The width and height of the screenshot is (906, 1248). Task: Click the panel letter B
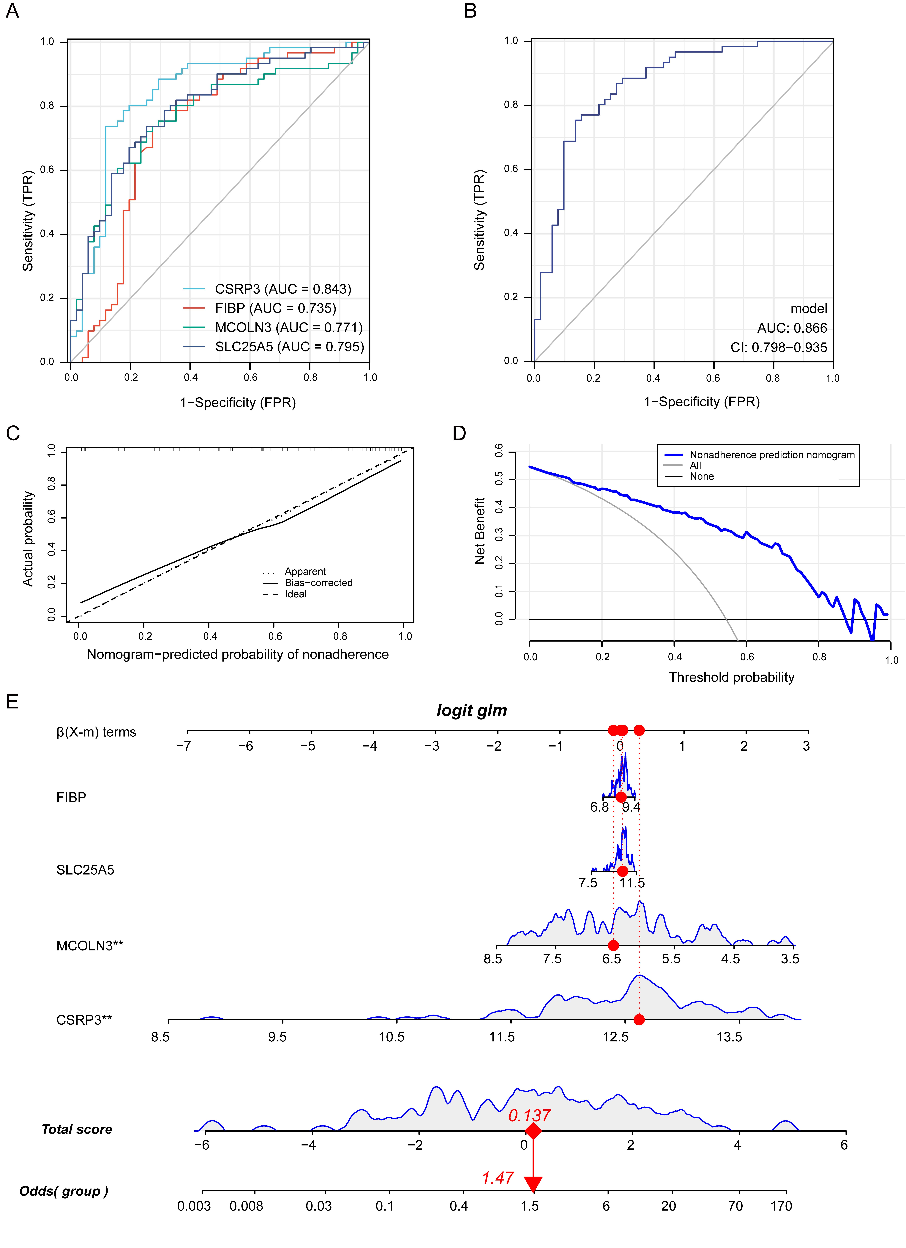[x=470, y=11]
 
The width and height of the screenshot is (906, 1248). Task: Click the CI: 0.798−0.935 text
[x=778, y=347]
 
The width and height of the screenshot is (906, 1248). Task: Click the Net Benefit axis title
[x=480, y=531]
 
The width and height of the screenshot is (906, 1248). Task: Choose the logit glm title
[x=471, y=710]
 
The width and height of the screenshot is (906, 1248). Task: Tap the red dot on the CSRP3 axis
[x=639, y=1020]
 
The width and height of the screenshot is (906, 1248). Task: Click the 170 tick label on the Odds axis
[x=781, y=1206]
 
